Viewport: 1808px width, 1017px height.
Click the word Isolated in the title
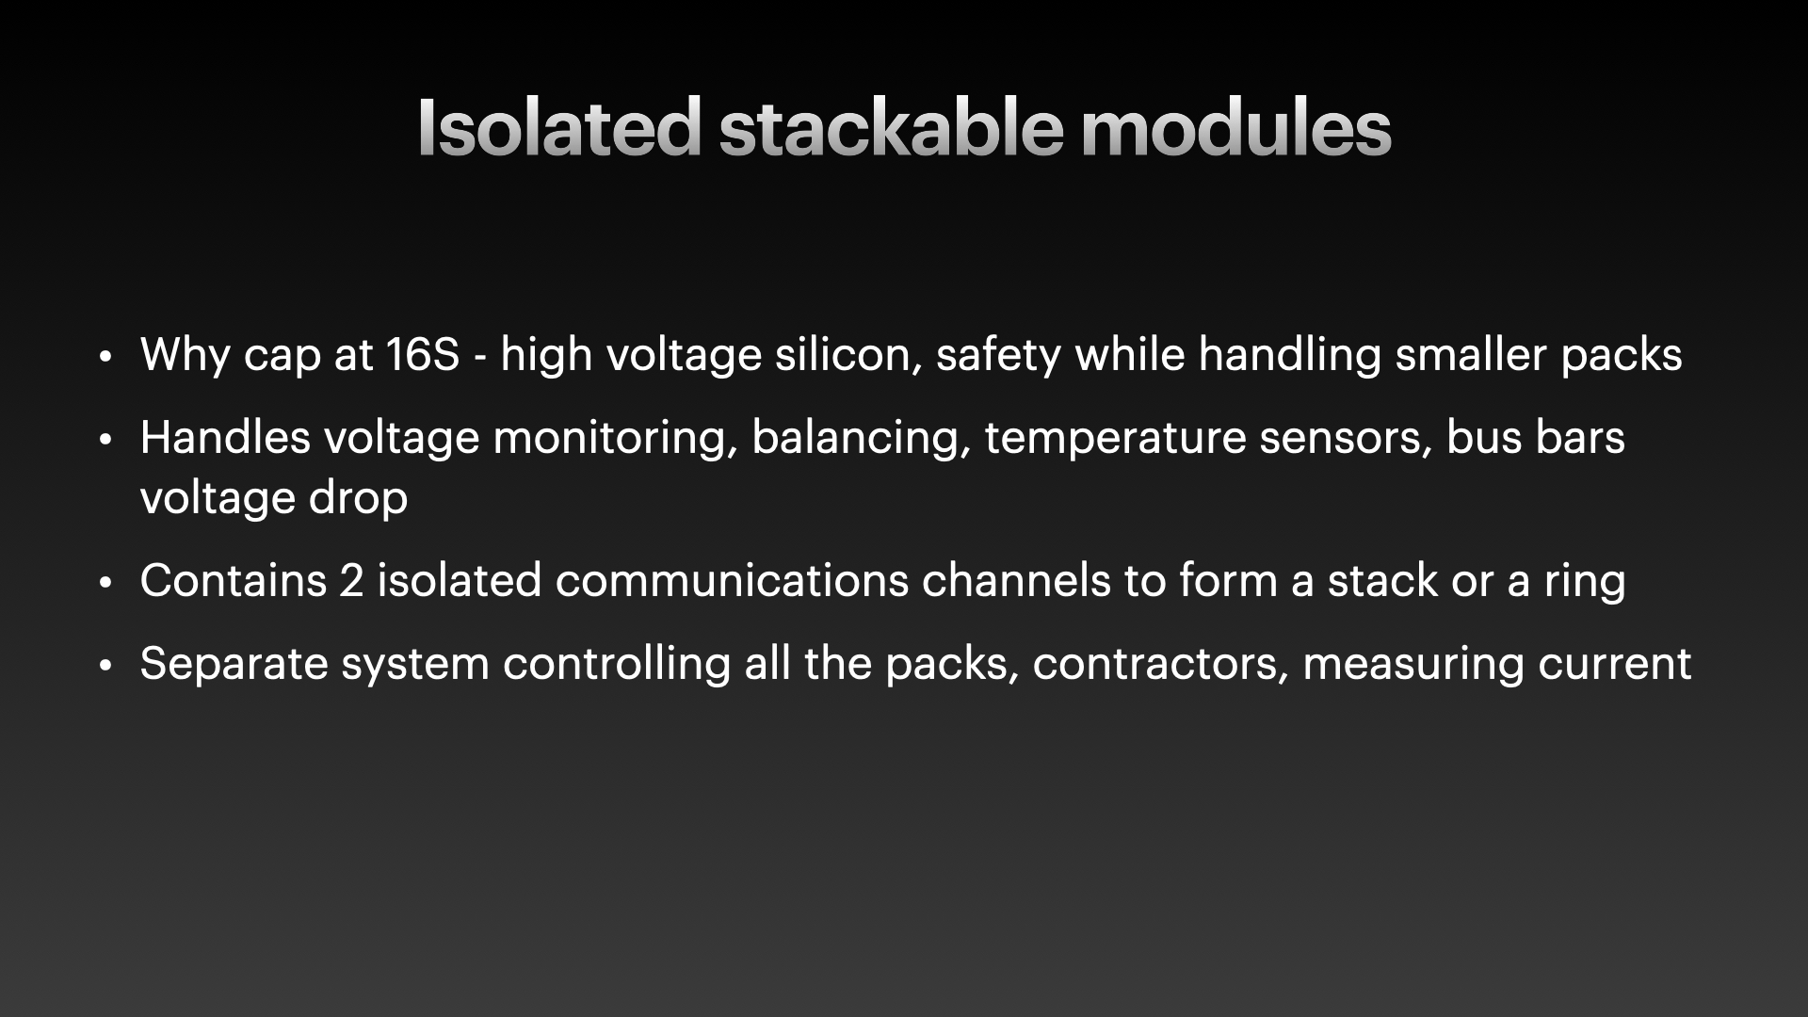pos(559,126)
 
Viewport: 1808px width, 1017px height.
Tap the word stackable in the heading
pos(891,126)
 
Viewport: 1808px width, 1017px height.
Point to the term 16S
pos(423,355)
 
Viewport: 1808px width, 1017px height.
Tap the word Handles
pos(225,438)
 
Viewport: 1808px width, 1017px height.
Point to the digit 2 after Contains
pos(351,581)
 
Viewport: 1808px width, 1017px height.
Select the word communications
pos(732,581)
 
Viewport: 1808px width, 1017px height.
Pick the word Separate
pos(234,664)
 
